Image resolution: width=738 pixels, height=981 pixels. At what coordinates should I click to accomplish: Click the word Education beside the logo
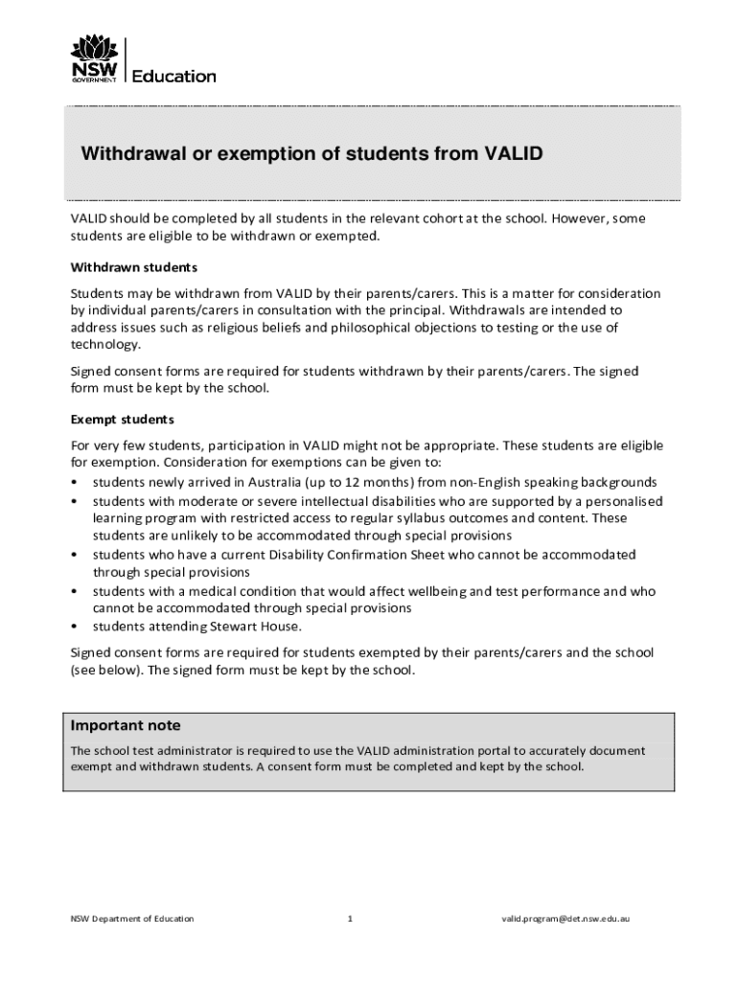pos(173,76)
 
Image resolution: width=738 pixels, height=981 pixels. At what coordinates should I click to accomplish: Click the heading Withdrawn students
pos(134,266)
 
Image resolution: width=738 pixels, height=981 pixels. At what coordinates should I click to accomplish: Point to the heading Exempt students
pos(122,420)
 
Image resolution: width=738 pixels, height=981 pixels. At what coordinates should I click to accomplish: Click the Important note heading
pos(126,725)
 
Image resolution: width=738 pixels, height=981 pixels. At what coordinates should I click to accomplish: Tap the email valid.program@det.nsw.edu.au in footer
pos(565,919)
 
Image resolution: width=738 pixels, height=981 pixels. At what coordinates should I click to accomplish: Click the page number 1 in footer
pos(351,919)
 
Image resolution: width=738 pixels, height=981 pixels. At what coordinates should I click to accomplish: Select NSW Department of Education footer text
pos(132,919)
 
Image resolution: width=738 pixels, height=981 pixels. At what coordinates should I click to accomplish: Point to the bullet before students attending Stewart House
pos(75,627)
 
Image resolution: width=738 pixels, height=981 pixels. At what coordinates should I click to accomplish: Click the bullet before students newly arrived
pos(75,482)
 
